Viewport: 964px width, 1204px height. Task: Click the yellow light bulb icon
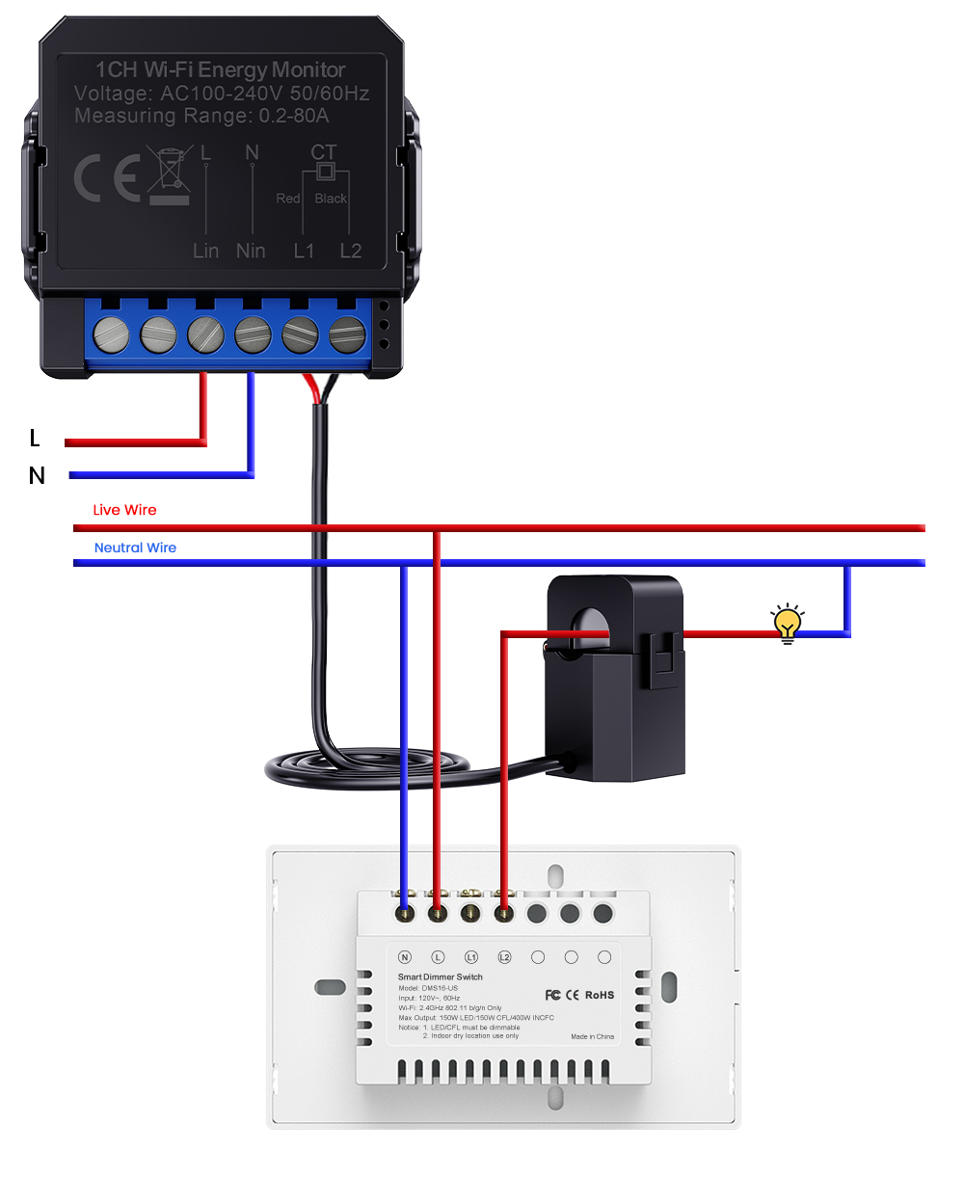tap(788, 623)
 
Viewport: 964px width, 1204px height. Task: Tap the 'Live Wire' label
tap(124, 510)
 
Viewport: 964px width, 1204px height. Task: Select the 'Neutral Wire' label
tap(135, 548)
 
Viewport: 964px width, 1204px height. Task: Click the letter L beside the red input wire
tap(35, 439)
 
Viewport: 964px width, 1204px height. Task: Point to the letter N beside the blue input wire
tap(37, 475)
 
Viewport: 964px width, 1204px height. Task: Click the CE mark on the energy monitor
tap(107, 177)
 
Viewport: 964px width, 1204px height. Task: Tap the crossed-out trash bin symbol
tap(169, 174)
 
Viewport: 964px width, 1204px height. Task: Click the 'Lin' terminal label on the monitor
tap(205, 251)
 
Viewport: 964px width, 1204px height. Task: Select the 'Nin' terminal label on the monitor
tap(251, 251)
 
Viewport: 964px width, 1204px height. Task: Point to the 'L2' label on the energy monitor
tap(351, 251)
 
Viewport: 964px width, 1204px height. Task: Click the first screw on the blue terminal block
tap(111, 335)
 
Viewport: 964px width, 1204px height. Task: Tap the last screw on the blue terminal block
tap(347, 335)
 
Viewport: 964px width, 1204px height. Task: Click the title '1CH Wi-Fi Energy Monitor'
tap(220, 69)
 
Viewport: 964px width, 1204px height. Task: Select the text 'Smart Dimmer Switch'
tap(440, 977)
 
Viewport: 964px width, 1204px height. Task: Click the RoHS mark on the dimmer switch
tap(600, 995)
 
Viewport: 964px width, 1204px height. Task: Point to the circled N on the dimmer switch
tap(405, 957)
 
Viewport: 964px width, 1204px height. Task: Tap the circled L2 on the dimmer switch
tap(504, 957)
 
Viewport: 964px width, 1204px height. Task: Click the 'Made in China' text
tap(592, 1036)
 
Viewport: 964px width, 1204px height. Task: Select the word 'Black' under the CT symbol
tap(331, 199)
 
